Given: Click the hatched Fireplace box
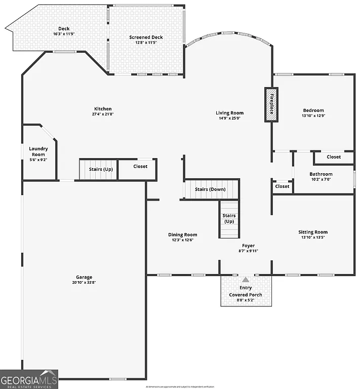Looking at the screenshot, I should [x=271, y=104].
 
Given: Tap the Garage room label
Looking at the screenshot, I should [x=84, y=277].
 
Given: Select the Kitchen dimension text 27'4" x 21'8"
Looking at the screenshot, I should [x=103, y=114].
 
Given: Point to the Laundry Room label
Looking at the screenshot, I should [x=38, y=151].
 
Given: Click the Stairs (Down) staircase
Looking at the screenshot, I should [x=210, y=189].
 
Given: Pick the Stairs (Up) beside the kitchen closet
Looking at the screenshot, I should [x=100, y=169].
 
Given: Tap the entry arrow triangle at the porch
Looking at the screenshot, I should [x=246, y=279].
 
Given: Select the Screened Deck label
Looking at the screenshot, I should [x=146, y=37].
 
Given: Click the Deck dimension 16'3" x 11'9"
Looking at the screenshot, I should [x=64, y=34].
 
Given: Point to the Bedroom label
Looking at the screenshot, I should [x=313, y=110].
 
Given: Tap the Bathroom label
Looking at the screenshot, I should [x=321, y=174].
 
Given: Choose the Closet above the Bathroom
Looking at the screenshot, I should [x=334, y=157].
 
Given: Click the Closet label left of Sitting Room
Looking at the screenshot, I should [x=282, y=186].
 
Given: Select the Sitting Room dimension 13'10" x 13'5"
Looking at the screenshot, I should [x=313, y=238].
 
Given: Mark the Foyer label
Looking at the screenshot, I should [x=248, y=246].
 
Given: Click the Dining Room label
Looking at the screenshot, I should [x=182, y=235].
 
